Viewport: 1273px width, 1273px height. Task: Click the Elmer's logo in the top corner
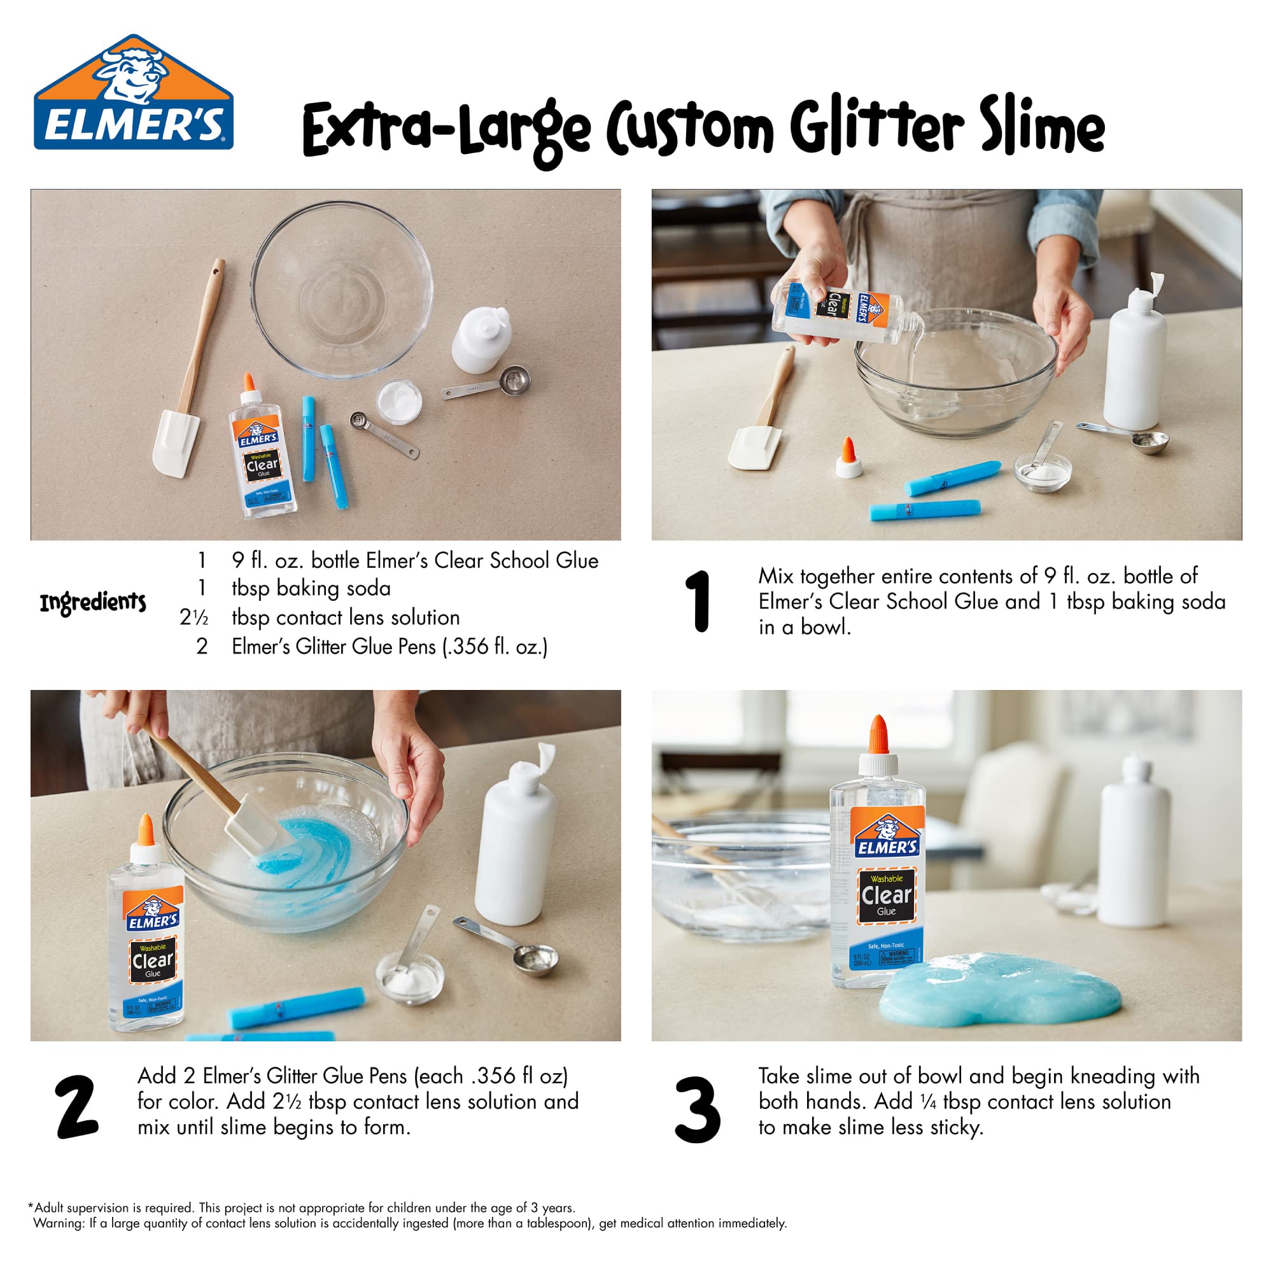coord(133,93)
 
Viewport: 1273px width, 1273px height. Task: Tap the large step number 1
coord(697,601)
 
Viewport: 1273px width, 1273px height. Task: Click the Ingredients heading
coord(93,602)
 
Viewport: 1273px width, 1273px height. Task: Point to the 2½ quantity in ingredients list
coord(193,617)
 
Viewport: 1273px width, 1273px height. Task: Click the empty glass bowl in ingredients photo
coord(342,290)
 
